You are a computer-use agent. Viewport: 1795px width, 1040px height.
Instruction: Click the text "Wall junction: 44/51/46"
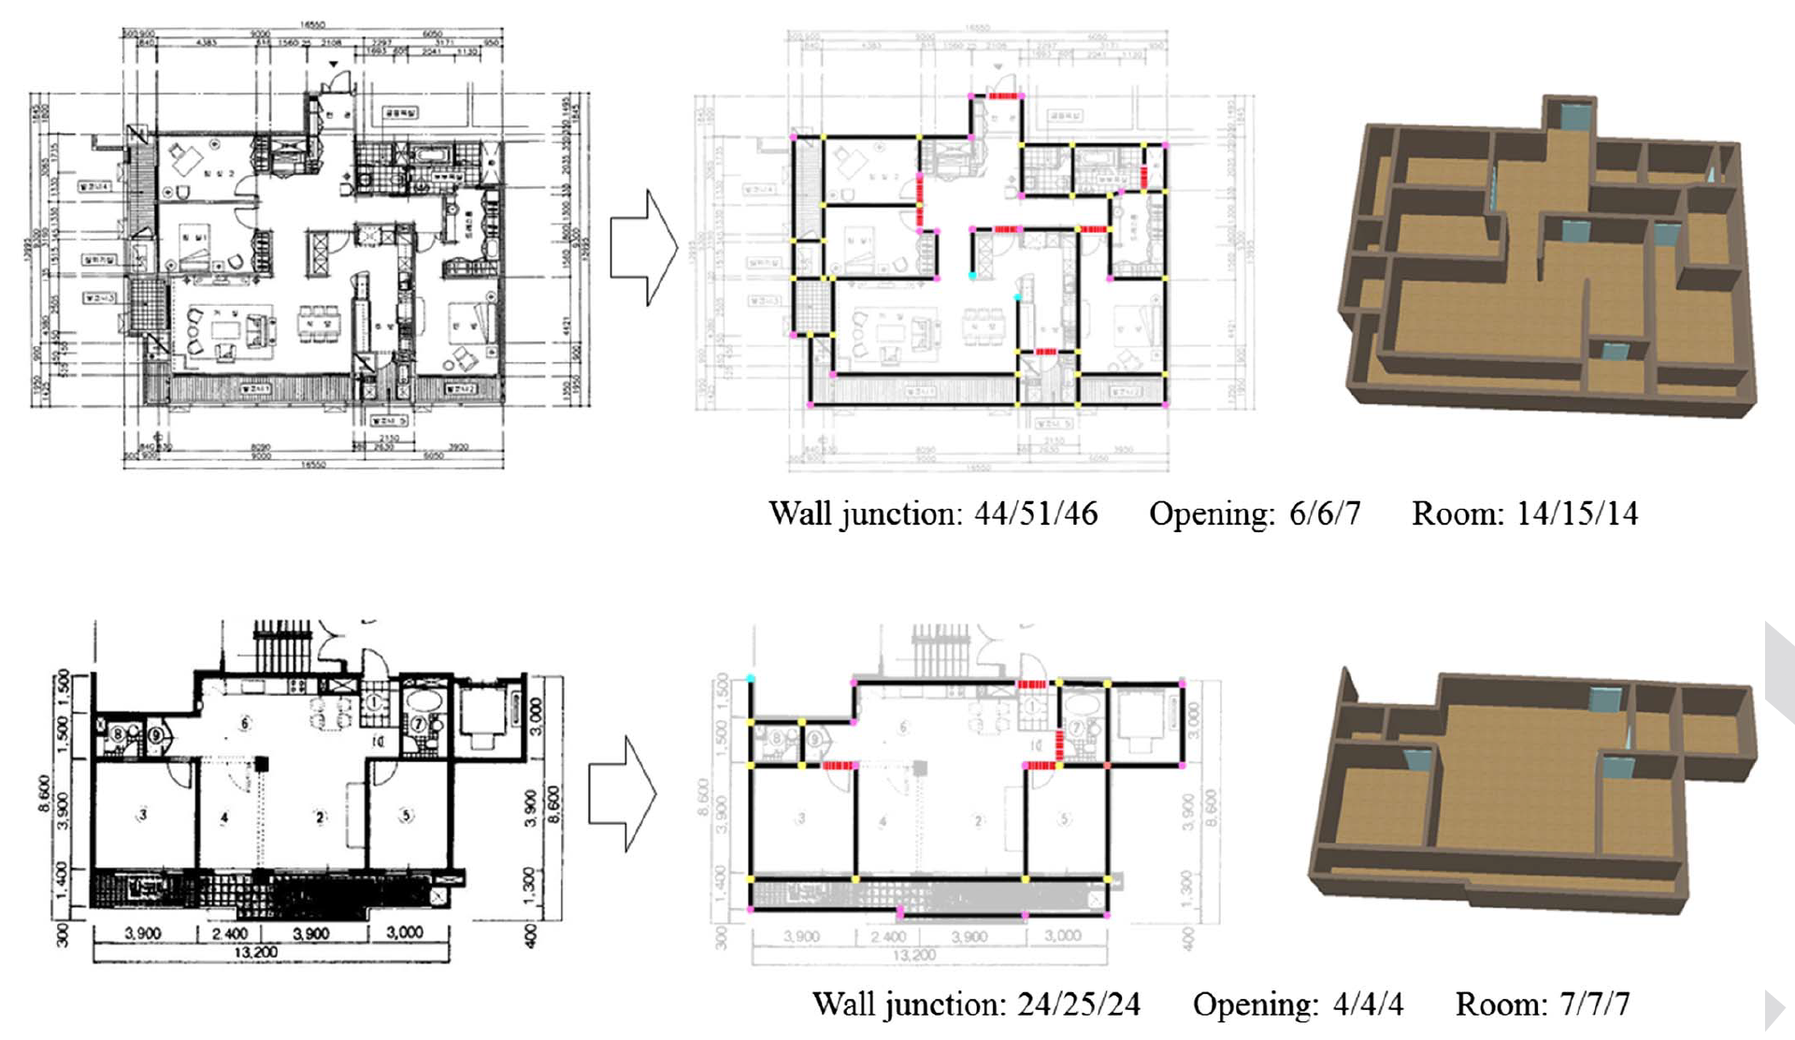pos(932,514)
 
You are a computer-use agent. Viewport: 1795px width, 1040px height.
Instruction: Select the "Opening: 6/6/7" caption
pos(1254,514)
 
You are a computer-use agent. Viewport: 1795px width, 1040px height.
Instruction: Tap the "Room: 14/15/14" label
pos(1524,514)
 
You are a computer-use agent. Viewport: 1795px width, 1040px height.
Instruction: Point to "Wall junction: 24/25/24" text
pos(975,1004)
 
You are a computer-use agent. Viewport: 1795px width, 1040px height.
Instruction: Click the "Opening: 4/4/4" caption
pos(1297,1004)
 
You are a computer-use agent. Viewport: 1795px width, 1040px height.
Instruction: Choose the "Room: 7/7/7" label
pos(1542,1004)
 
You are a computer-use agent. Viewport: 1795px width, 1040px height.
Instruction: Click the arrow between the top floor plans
pos(643,248)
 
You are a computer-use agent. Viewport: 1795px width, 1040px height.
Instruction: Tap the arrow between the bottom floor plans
pos(622,794)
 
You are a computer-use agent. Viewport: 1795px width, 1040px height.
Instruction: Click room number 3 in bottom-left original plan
pos(143,815)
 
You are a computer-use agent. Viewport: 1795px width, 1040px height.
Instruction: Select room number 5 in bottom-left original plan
pos(406,815)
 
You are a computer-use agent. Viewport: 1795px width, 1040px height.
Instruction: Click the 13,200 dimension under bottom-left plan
pos(256,952)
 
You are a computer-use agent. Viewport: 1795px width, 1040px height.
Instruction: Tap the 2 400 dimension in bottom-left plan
pos(230,933)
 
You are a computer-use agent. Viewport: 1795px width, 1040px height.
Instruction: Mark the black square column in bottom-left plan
pos(263,764)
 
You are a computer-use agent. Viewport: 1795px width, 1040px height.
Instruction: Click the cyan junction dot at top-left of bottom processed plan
pos(751,678)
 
